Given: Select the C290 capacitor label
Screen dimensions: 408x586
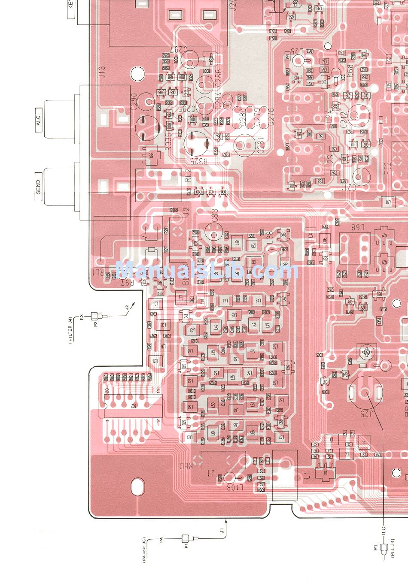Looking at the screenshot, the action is click(134, 102).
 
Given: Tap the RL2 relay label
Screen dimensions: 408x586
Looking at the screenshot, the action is click(188, 176).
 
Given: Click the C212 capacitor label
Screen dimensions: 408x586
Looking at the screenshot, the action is click(344, 120).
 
